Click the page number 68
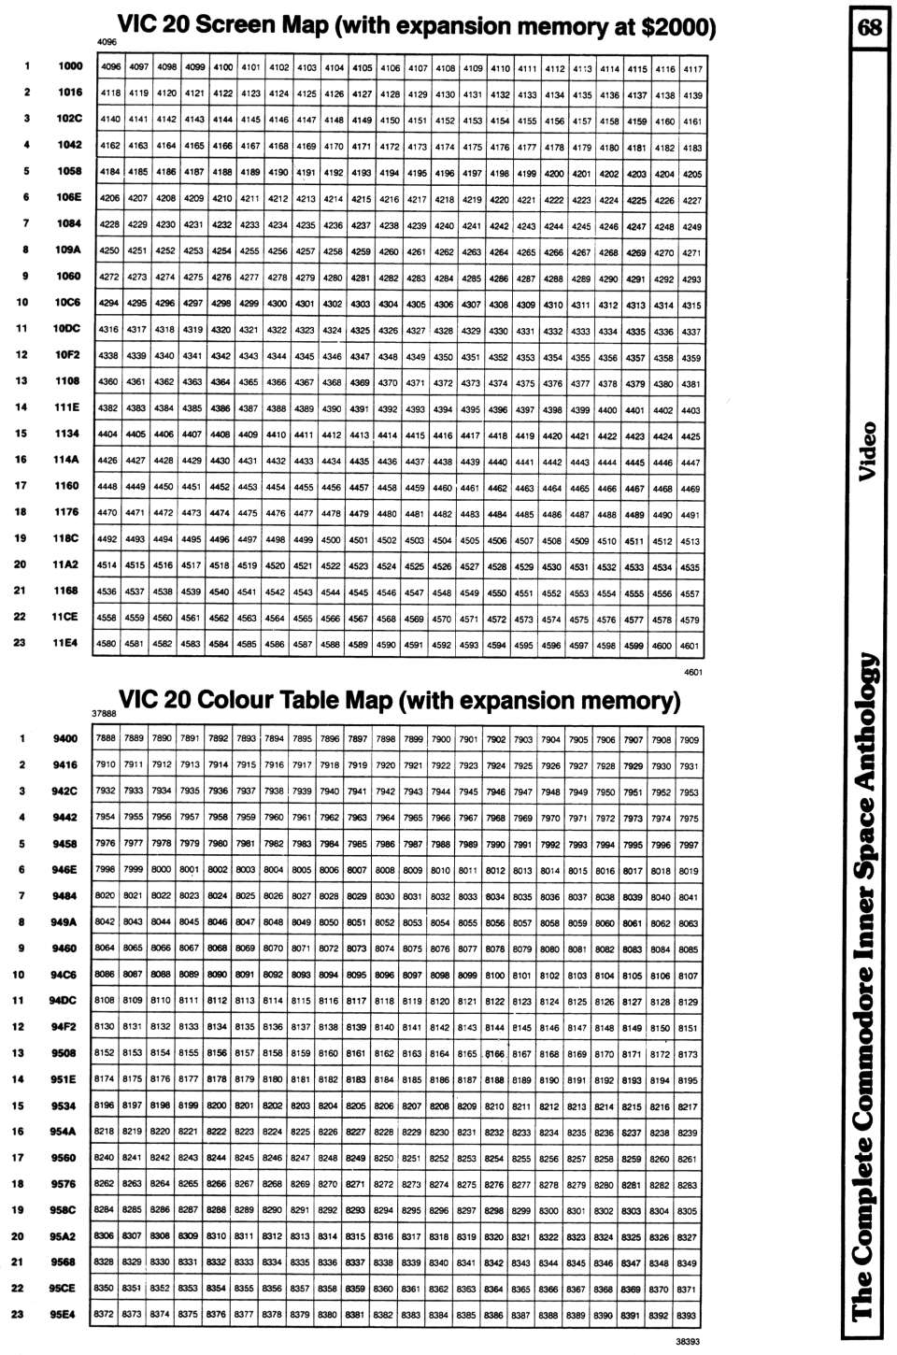pyautogui.click(x=869, y=26)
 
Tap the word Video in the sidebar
pyautogui.click(x=868, y=451)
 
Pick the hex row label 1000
pyautogui.click(x=70, y=66)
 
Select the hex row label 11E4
pyautogui.click(x=65, y=643)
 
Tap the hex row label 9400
pyautogui.click(x=65, y=738)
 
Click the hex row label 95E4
pyautogui.click(x=64, y=1314)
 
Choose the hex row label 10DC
pyautogui.click(x=66, y=329)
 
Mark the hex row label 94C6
pyautogui.click(x=64, y=975)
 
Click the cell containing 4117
pyautogui.click(x=692, y=69)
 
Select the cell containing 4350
pyautogui.click(x=443, y=357)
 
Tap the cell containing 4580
pyautogui.click(x=107, y=644)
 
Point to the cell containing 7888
pyautogui.click(x=106, y=738)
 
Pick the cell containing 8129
pyautogui.click(x=688, y=1002)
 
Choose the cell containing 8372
pyautogui.click(x=104, y=1314)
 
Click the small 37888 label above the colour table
pyautogui.click(x=104, y=713)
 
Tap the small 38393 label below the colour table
pyautogui.click(x=688, y=1341)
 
